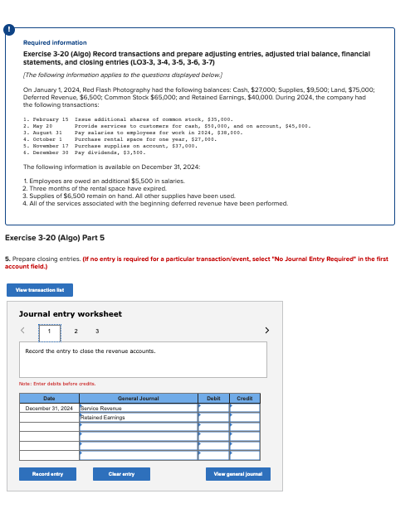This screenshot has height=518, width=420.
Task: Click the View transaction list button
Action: coord(40,290)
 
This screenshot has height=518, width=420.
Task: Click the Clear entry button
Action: coord(121,474)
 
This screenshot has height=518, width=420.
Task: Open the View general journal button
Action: coord(237,474)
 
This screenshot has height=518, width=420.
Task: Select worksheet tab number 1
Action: coord(49,332)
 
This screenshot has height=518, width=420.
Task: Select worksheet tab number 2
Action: coord(76,332)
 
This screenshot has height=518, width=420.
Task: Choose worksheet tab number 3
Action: coord(98,332)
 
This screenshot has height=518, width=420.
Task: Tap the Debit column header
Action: coord(213,399)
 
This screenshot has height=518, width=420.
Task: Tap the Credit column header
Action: coord(244,399)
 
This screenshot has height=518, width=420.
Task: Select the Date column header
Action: coord(49,399)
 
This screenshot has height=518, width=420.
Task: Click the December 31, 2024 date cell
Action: coord(49,408)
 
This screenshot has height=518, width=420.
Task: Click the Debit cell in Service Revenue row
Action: coord(213,408)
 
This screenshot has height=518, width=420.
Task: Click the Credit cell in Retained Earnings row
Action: coord(244,417)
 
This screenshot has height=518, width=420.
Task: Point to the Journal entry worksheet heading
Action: coord(71,314)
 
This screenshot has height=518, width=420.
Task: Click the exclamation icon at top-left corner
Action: coord(9,30)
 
